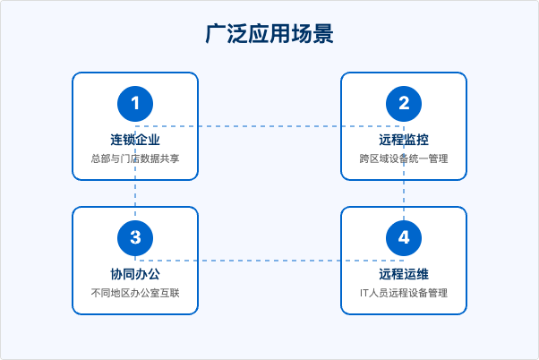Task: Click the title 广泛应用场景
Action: coord(269,34)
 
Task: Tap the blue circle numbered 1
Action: coord(135,104)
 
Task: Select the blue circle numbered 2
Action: coord(404,104)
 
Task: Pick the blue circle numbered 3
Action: coord(135,238)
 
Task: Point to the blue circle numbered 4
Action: coord(404,238)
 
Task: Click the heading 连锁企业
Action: coord(135,140)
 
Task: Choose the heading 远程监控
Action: coord(404,140)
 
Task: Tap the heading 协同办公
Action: coord(135,274)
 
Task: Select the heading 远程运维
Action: coord(404,274)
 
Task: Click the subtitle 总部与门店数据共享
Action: coord(135,159)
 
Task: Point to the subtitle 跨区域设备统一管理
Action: coord(404,159)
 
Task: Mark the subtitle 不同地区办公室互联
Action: coord(135,293)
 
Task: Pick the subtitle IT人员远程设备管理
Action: coord(404,293)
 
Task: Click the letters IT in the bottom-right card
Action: coord(364,293)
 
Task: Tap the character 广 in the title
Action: coord(216,34)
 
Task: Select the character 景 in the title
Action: coord(323,34)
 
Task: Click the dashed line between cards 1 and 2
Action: coord(269,126)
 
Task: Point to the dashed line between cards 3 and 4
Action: coord(269,261)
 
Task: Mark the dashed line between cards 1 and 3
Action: coord(135,193)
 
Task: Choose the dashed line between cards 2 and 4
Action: coord(404,193)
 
